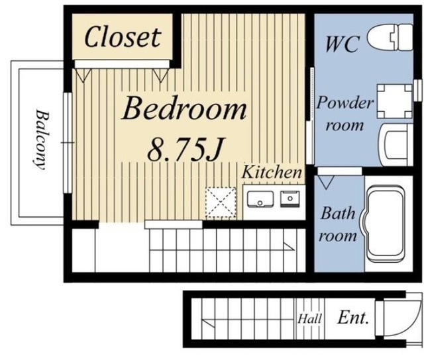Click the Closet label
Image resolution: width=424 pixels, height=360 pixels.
click(123, 38)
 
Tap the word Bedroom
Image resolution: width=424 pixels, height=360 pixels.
click(184, 109)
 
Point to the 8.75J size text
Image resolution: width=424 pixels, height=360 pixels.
click(185, 149)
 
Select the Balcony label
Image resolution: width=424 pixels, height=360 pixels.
click(40, 140)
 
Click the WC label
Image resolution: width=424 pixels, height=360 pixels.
click(343, 44)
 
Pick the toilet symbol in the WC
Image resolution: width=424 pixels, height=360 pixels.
click(390, 37)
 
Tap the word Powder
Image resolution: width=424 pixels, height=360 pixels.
click(345, 103)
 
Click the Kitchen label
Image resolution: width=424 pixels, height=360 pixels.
click(272, 172)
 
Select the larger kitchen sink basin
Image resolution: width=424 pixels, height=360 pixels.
click(260, 199)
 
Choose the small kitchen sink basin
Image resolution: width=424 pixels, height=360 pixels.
click(290, 199)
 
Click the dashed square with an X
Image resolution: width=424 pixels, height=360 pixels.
click(221, 202)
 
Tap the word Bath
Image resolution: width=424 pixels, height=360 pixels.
click(338, 213)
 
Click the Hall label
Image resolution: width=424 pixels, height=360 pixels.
click(310, 319)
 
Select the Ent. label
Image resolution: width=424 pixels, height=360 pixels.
click(353, 318)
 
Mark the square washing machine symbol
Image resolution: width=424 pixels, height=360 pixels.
click(395, 101)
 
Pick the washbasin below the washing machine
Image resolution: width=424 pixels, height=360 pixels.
click(396, 145)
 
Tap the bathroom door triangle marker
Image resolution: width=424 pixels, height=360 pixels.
click(326, 182)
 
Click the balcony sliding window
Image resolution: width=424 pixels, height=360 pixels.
click(68, 143)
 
